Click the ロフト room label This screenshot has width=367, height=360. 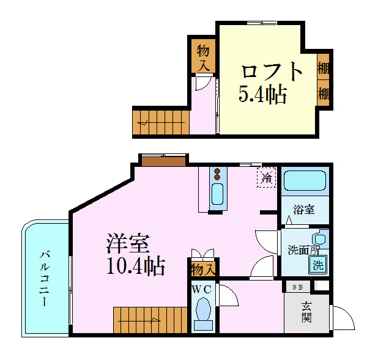[272, 72]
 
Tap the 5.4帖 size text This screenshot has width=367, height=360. [262, 94]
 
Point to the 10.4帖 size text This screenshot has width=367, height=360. [135, 266]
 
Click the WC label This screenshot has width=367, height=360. [202, 289]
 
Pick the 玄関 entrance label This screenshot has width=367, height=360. [306, 312]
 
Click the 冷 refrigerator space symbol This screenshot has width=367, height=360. [267, 178]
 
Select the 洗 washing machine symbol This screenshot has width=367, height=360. [317, 265]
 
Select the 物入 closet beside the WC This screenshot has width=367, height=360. [202, 268]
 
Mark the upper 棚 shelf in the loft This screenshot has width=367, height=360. [324, 68]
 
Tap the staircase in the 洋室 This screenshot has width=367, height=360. [149, 319]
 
